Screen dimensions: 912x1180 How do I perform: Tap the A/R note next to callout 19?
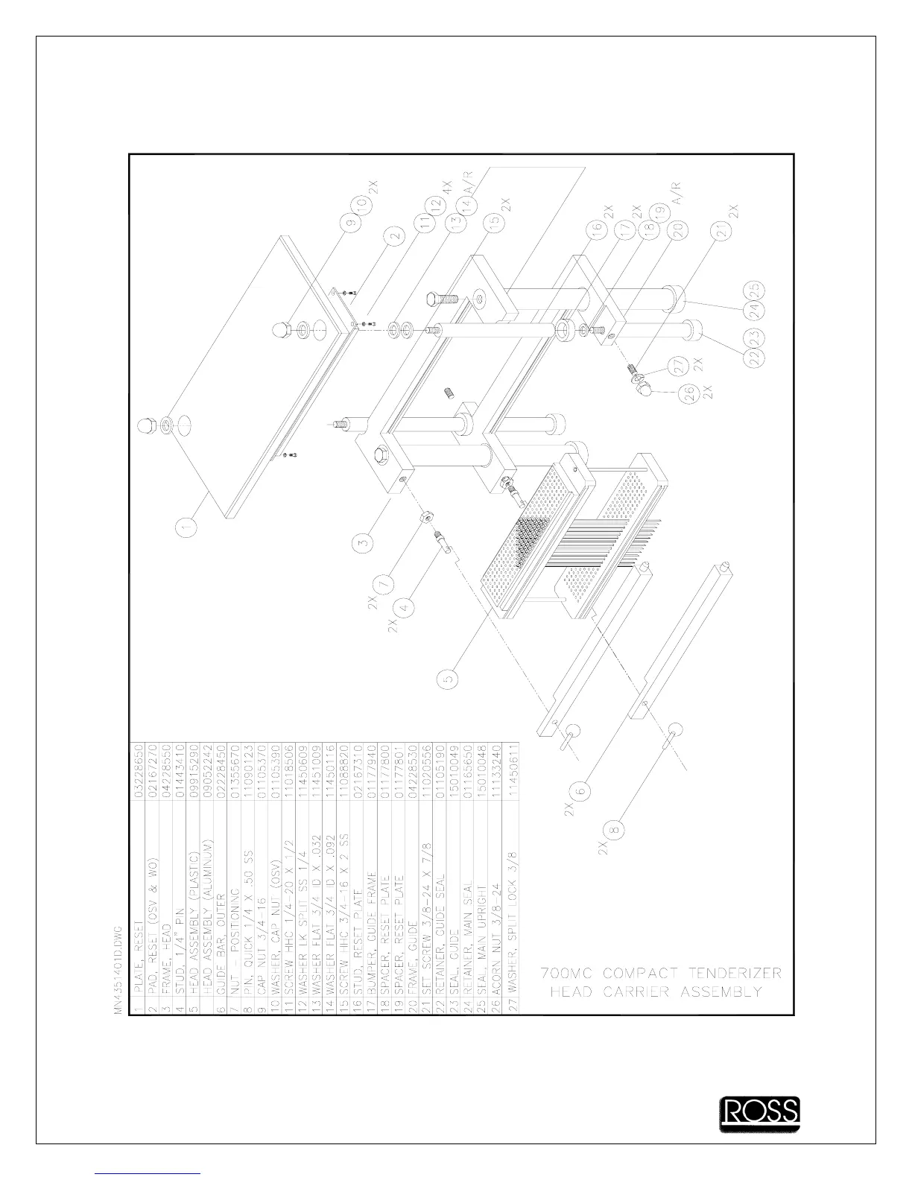pyautogui.click(x=677, y=191)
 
